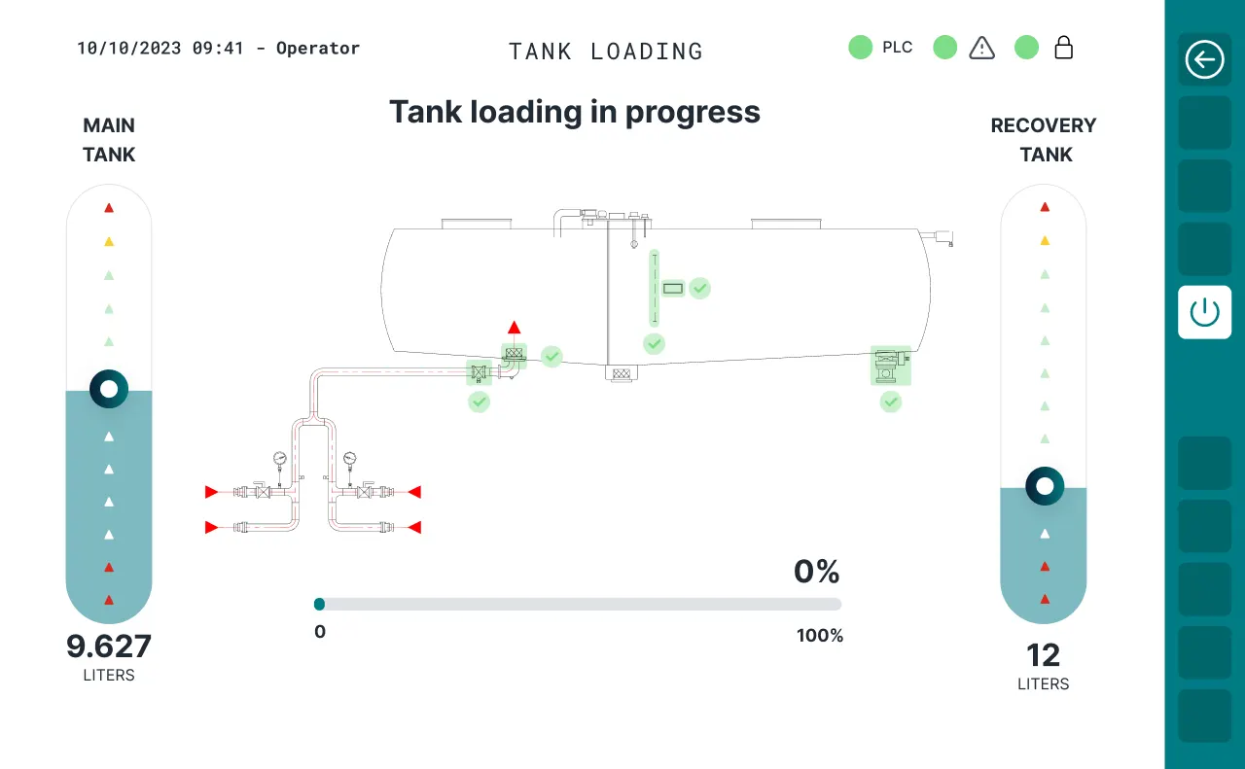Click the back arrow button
[1204, 59]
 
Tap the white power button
[1204, 312]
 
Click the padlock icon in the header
[1063, 48]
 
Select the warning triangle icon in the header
[981, 48]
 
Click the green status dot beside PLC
[861, 48]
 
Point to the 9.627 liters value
[109, 647]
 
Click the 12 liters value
[1044, 655]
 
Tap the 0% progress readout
[816, 572]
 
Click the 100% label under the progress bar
[820, 635]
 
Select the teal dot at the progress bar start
[319, 604]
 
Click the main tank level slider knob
[109, 389]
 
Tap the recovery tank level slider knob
[1045, 486]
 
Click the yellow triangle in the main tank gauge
[109, 242]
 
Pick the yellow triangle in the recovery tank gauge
[1045, 240]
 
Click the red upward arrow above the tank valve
[515, 328]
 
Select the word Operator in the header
[318, 49]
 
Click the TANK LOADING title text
[606, 52]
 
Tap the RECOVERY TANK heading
[1044, 139]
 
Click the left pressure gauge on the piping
[279, 459]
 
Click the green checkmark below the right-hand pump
[890, 402]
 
